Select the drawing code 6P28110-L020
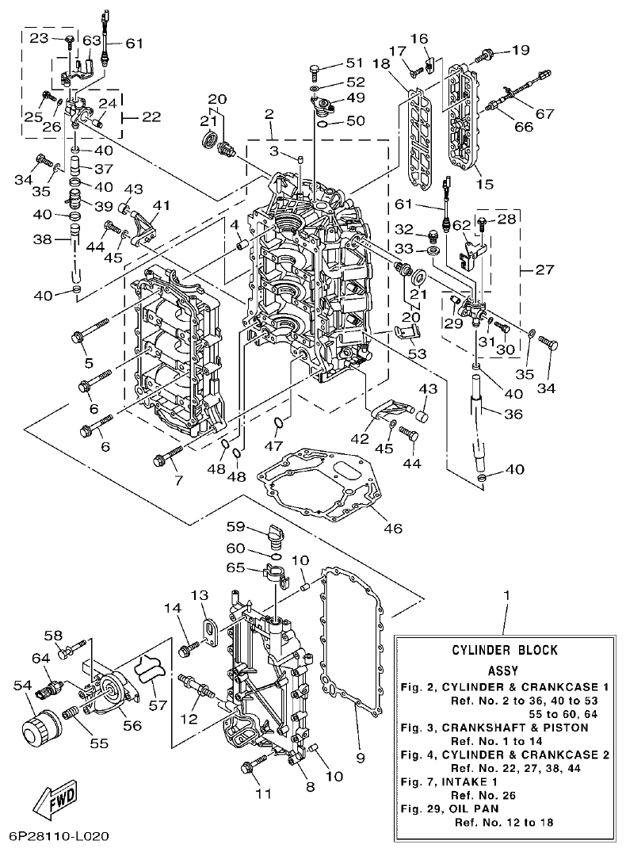pos(59,836)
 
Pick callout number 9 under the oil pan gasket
pos(361,758)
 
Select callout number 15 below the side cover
pos(484,184)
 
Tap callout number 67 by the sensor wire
pos(544,113)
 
